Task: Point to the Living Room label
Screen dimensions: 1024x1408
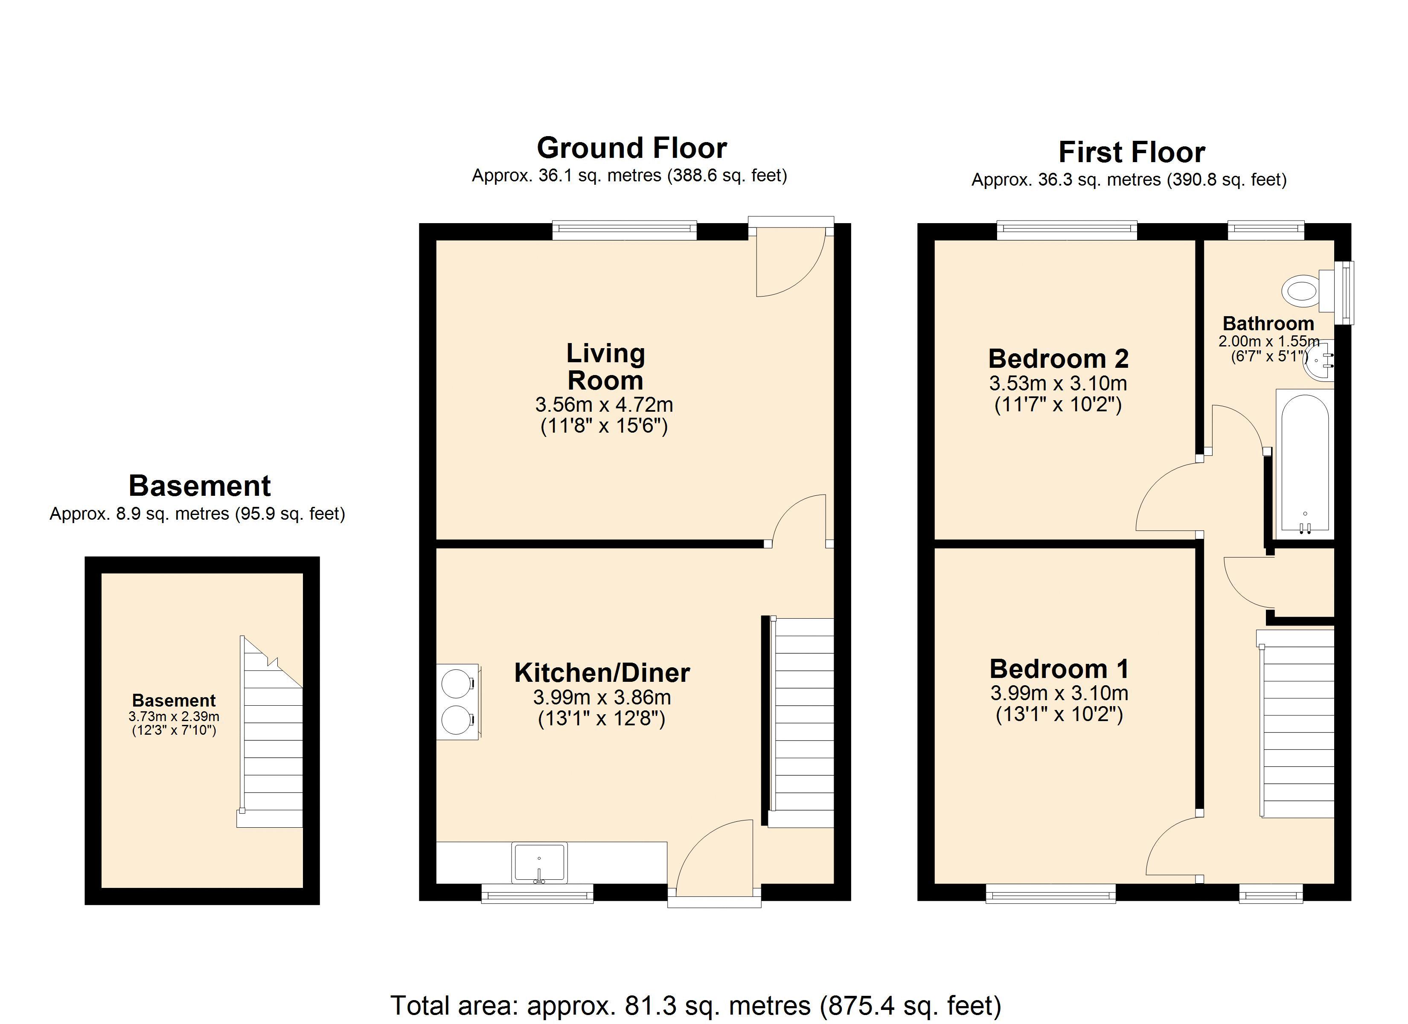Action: pos(605,367)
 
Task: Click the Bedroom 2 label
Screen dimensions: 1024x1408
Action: pos(1067,359)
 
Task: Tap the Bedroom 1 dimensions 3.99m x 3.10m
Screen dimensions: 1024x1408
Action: pos(1059,693)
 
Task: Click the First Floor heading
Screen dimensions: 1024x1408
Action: pos(1131,152)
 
